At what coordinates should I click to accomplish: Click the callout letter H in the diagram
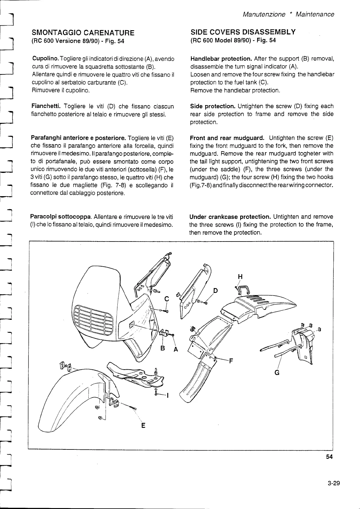240,277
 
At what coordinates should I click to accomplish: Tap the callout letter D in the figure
215,291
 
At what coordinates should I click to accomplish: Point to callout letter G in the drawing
277,372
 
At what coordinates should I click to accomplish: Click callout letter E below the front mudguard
143,426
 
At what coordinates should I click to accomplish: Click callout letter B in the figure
162,348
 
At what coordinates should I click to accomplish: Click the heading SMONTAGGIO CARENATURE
83,33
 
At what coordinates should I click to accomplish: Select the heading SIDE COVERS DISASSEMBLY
243,32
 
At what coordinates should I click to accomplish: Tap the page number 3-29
334,483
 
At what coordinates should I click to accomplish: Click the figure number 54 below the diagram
329,457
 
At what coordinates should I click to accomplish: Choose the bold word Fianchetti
46,106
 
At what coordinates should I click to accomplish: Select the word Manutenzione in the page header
264,14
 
